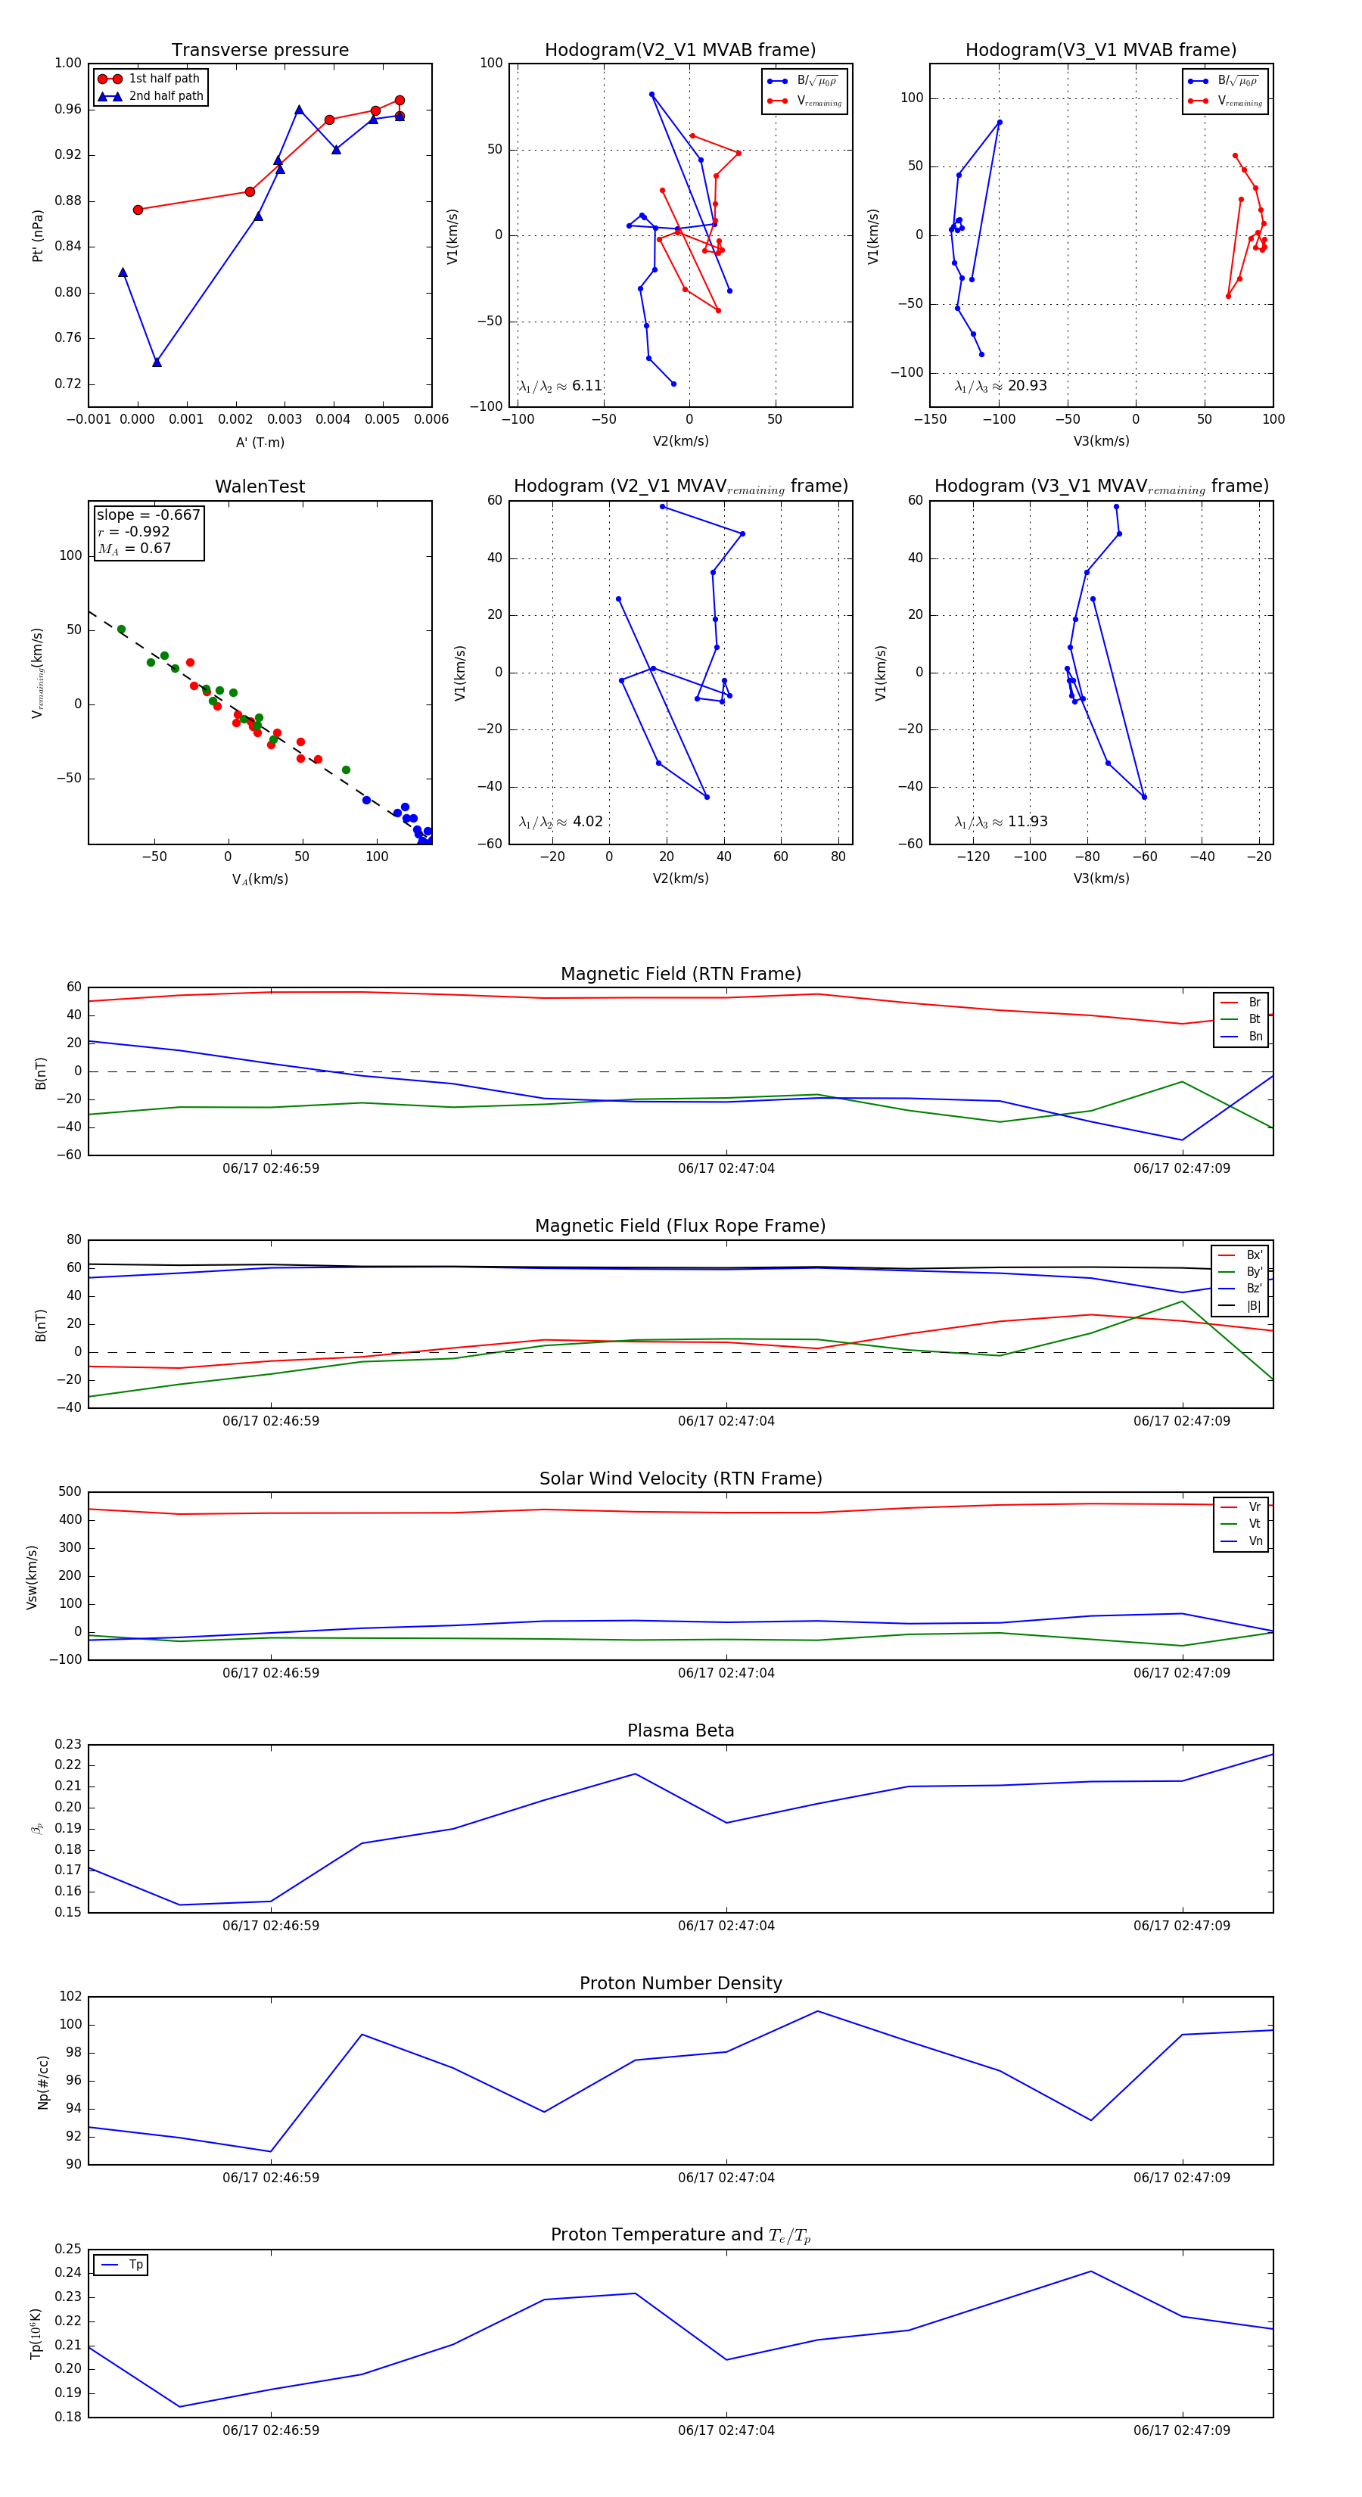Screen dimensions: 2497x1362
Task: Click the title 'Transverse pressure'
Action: pyautogui.click(x=260, y=51)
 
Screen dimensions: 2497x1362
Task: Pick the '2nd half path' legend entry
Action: pyautogui.click(x=166, y=96)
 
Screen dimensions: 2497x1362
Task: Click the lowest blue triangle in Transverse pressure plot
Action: pyautogui.click(x=157, y=362)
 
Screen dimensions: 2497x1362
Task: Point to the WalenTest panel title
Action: pyautogui.click(x=260, y=487)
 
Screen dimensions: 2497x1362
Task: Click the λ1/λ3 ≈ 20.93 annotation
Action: pyautogui.click(x=1000, y=386)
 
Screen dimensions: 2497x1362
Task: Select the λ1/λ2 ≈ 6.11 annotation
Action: pyautogui.click(x=560, y=386)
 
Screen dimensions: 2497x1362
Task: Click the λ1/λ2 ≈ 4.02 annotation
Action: pyautogui.click(x=560, y=822)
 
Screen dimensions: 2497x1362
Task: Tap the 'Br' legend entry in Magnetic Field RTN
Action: pyautogui.click(x=1255, y=1003)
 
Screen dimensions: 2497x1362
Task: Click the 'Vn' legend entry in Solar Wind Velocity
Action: pyautogui.click(x=1255, y=1541)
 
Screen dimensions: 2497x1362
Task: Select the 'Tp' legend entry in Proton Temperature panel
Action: pyautogui.click(x=135, y=2265)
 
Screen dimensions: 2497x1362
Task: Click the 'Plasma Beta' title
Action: pyautogui.click(x=680, y=1731)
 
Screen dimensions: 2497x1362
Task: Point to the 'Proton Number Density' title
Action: pyautogui.click(x=680, y=1983)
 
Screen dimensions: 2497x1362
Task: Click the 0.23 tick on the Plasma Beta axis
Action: pyautogui.click(x=69, y=1745)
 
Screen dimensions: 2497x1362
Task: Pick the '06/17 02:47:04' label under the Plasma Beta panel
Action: pyautogui.click(x=726, y=1926)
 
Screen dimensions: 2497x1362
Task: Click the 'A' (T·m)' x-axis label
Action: pyautogui.click(x=260, y=442)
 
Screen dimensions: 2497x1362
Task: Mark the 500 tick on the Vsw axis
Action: pyautogui.click(x=70, y=1492)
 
